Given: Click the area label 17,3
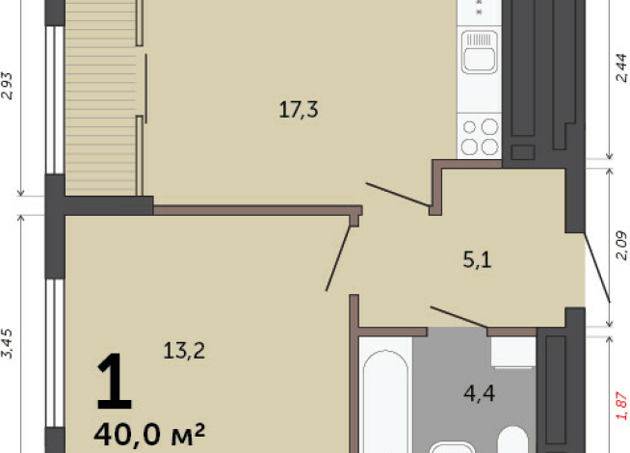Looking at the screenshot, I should click(298, 110).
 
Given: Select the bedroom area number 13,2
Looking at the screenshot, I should click(184, 351).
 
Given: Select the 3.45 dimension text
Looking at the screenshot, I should click(9, 343).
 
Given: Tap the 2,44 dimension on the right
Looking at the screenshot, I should click(620, 69).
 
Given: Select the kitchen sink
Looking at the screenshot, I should click(479, 53).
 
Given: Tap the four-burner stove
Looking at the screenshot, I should click(479, 136).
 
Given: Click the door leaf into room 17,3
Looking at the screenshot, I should click(397, 193).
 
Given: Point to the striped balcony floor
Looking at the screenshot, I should click(101, 106).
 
